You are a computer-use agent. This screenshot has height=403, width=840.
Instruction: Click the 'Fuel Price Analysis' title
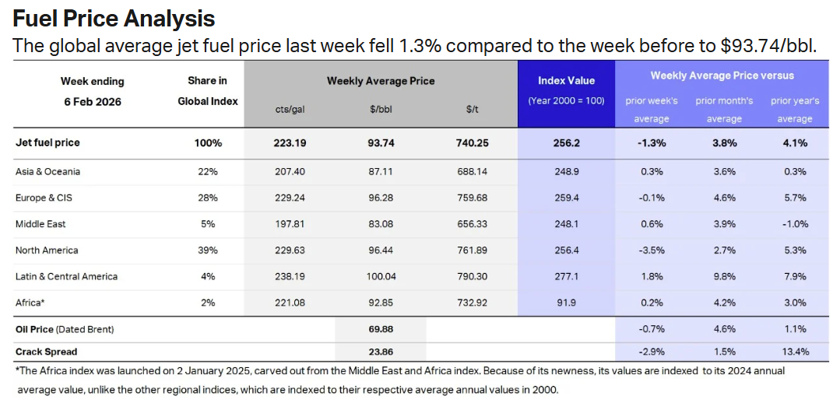[x=114, y=18]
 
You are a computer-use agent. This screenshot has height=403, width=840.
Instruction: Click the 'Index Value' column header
[x=566, y=80]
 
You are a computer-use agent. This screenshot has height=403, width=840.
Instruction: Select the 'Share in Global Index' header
[x=208, y=91]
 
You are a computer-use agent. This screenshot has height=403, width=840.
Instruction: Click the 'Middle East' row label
[x=40, y=224]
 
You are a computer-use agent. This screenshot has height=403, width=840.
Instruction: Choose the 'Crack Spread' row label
[x=46, y=351]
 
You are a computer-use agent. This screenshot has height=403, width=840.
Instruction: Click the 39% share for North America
[x=208, y=251]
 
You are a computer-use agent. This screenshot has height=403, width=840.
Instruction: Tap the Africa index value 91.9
[x=566, y=303]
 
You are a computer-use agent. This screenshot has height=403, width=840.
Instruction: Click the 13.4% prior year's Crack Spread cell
[x=792, y=351]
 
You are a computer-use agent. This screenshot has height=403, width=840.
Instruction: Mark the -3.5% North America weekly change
[x=651, y=251]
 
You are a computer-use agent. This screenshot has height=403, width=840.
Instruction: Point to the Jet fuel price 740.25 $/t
[x=472, y=143]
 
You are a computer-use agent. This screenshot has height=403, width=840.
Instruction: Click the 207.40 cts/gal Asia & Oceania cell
[x=290, y=171]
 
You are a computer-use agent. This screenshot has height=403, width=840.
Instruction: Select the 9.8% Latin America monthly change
[x=724, y=276]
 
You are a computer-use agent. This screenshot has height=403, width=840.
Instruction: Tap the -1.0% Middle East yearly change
[x=792, y=224]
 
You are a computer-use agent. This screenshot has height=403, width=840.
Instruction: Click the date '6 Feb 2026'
[x=93, y=101]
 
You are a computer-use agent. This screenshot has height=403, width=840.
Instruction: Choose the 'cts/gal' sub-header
[x=290, y=110]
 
